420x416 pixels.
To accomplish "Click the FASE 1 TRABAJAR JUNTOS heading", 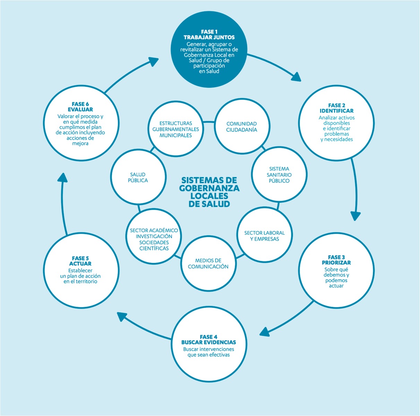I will pos(209,35).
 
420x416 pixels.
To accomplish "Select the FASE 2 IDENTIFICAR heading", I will pos(336,108).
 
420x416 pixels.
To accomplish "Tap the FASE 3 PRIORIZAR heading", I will pos(336,260).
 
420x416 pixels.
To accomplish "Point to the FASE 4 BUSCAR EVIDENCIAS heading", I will pos(208,340).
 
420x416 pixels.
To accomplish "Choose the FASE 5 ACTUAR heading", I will pos(80,261).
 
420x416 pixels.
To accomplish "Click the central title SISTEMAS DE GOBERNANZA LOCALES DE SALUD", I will pos(209,192).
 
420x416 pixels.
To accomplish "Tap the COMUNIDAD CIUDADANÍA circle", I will pos(241,127).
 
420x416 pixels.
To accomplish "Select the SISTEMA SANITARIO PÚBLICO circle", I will pos(279,175).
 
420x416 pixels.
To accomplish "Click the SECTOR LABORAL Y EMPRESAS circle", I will pos(264,236).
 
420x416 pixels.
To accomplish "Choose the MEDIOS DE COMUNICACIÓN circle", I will pos(208,263).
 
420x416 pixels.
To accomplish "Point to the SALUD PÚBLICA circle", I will pos(138,177).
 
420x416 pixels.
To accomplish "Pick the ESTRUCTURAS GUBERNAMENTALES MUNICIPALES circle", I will pos(175,129).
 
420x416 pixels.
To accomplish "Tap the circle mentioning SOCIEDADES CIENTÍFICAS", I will pos(154,239).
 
